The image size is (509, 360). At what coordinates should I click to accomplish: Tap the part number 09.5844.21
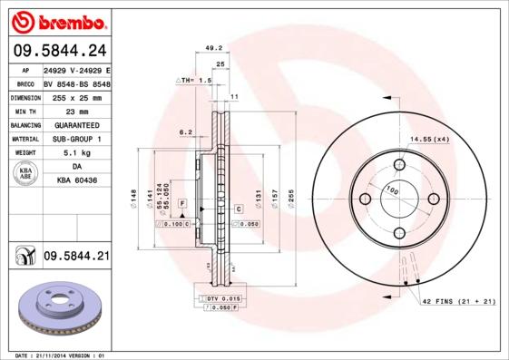pyautogui.click(x=76, y=258)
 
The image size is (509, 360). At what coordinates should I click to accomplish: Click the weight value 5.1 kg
pyautogui.click(x=76, y=153)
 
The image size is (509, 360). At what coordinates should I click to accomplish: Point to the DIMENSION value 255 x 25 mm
pyautogui.click(x=76, y=96)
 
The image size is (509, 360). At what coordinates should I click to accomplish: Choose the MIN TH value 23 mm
pyautogui.click(x=76, y=111)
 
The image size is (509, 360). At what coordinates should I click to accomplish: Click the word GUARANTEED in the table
pyautogui.click(x=76, y=125)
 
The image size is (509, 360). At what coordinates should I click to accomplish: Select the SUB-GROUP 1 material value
pyautogui.click(x=76, y=139)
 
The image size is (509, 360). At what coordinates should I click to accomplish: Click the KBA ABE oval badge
pyautogui.click(x=26, y=174)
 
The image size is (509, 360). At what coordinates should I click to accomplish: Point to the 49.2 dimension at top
pyautogui.click(x=214, y=48)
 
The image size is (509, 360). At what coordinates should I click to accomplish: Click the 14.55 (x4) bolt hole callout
pyautogui.click(x=429, y=139)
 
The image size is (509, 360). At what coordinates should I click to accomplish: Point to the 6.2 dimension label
pyautogui.click(x=186, y=131)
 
